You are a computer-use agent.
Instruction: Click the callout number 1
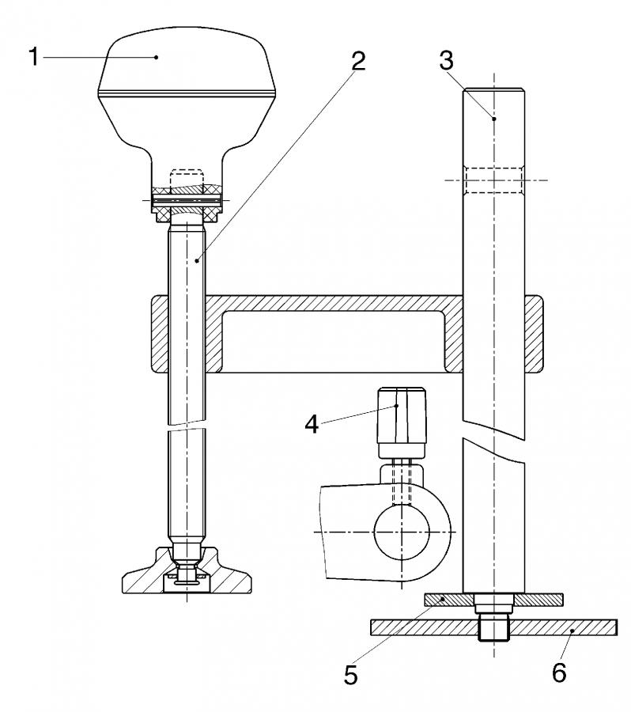pos(33,57)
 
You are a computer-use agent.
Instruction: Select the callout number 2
pos(358,61)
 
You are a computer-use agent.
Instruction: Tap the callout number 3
pos(446,61)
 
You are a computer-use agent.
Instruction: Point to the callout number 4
pos(312,426)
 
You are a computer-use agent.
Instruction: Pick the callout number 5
pos(351,675)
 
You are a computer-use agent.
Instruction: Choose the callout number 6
pos(559,672)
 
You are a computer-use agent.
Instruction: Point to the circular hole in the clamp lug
pos(402,532)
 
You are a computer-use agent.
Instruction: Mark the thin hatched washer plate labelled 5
pos(494,600)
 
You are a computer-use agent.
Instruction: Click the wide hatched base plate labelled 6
pos(494,627)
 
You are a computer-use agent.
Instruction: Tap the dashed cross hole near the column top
pos(494,180)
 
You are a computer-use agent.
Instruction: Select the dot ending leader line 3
pos(494,119)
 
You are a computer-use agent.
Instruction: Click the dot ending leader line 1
pos(156,57)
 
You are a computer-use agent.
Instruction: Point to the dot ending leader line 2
pos(197,260)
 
